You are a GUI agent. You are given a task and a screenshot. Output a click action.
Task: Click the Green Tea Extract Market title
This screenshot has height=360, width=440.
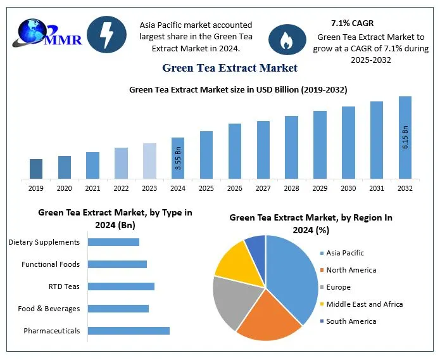(229, 67)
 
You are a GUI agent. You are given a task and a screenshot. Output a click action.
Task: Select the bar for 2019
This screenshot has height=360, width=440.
(36, 169)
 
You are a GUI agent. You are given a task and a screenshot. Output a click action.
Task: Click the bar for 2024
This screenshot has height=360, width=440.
(178, 158)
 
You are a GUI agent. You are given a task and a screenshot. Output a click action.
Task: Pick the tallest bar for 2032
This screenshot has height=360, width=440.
(405, 138)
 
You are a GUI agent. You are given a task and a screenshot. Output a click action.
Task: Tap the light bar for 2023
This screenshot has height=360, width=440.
(149, 161)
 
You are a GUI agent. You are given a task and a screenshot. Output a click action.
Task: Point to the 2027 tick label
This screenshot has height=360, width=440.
(263, 188)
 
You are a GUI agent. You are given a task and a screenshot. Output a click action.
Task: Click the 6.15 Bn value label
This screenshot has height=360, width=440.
(405, 138)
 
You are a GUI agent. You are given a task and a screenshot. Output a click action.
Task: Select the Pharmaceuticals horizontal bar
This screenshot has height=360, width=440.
(129, 331)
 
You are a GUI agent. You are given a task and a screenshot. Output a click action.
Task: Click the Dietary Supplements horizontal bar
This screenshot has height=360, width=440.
(113, 242)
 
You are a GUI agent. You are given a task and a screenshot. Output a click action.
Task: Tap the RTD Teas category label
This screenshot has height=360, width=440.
(64, 286)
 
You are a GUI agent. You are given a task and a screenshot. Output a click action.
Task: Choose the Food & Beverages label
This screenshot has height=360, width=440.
(49, 309)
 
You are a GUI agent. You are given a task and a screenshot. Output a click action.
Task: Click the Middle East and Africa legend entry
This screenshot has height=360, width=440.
(364, 304)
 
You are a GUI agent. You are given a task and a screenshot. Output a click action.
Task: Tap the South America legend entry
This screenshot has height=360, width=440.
(350, 321)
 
